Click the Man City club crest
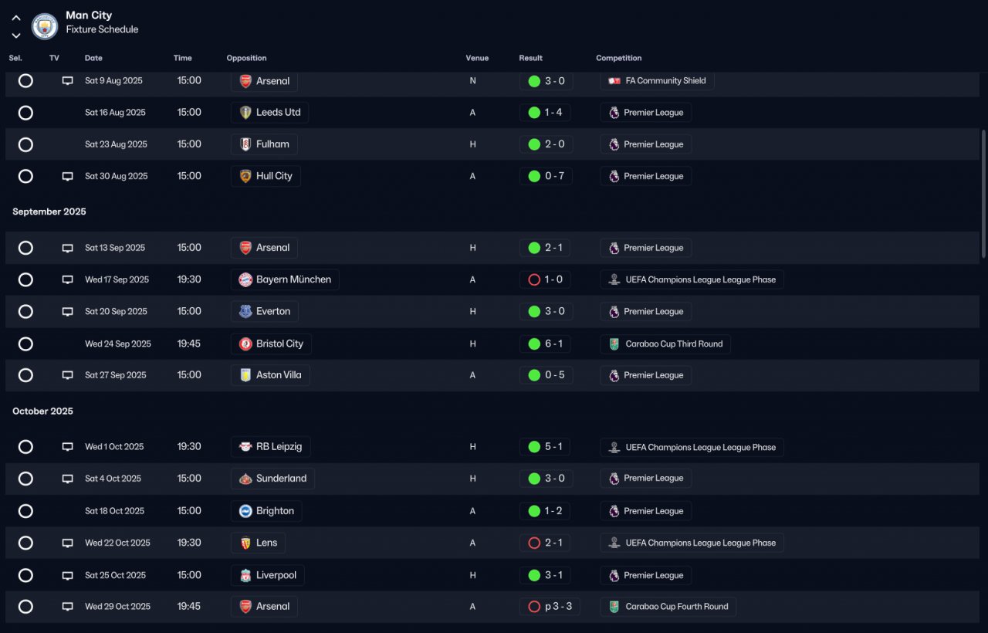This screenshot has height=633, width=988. [x=45, y=26]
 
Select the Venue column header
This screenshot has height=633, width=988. [x=477, y=58]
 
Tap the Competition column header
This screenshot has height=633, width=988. [x=618, y=58]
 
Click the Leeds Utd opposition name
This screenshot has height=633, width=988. [x=278, y=112]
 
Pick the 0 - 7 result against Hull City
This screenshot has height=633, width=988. [x=554, y=176]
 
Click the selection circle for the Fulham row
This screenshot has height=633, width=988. [x=25, y=144]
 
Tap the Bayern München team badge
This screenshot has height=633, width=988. [x=245, y=279]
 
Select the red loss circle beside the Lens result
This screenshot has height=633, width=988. [x=533, y=543]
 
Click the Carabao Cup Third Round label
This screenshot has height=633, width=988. [x=674, y=344]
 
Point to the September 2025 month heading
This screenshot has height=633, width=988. [x=49, y=212]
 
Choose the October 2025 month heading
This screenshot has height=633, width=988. [x=42, y=411]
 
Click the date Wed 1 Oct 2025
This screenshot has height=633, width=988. [x=114, y=446]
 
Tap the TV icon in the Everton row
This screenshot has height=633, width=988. [x=67, y=311]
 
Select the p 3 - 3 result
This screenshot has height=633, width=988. [x=558, y=607]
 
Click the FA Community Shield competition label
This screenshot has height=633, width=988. [x=665, y=81]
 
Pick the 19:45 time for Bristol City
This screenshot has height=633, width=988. [x=189, y=344]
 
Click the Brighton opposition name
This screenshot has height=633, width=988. [x=275, y=511]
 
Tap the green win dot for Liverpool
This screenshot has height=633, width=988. [x=534, y=575]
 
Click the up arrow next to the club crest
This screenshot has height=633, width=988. [x=16, y=18]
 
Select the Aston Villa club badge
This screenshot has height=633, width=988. [x=245, y=375]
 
